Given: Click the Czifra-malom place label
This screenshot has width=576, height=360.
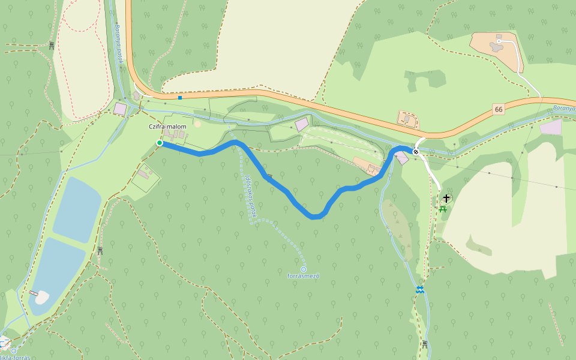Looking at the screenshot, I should (x=168, y=127).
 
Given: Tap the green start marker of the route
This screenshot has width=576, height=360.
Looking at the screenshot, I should (x=159, y=143).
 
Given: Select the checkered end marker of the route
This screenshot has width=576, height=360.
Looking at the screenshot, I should (x=415, y=152).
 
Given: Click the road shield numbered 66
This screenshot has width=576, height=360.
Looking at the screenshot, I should (x=499, y=109).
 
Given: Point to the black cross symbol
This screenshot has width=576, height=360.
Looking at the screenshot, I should (x=446, y=198).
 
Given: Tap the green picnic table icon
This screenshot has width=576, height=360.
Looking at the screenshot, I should (x=443, y=209).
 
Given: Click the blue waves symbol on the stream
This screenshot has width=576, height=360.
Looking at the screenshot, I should (x=421, y=290).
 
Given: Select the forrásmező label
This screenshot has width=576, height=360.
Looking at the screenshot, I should (x=303, y=276).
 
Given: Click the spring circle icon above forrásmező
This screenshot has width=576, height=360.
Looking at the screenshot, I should (x=304, y=269).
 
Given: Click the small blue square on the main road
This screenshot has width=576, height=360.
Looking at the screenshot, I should (x=180, y=97).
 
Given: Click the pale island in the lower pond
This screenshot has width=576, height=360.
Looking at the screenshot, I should (x=41, y=297).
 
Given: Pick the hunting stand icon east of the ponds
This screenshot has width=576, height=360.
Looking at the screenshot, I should (x=100, y=250).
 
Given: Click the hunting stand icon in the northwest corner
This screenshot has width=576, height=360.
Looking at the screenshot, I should (x=52, y=45).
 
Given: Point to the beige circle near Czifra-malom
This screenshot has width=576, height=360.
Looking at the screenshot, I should (x=198, y=124).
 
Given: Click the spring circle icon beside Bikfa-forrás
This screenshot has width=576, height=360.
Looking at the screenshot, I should (x=14, y=350).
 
